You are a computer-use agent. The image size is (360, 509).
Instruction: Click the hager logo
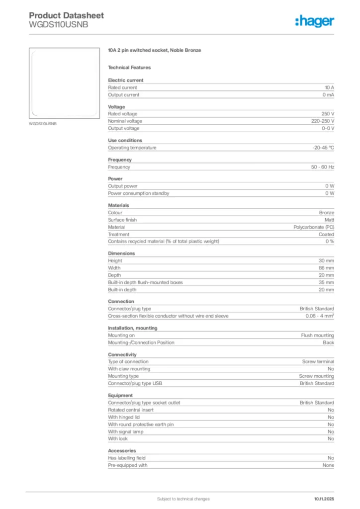point(314,21)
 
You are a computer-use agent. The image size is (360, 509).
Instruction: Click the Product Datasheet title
point(66,15)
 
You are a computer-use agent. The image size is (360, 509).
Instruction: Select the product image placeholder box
point(64,83)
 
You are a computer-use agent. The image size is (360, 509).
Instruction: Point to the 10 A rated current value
point(329,87)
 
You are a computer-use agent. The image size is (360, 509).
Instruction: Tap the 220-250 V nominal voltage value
point(319,121)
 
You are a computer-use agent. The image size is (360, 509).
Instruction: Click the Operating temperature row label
point(132,148)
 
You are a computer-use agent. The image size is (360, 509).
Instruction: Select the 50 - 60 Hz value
point(323,167)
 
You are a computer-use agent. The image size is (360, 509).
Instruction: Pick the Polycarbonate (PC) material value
point(314,227)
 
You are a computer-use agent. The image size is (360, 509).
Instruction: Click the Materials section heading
point(118,205)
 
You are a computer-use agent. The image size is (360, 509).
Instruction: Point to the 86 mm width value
point(326,268)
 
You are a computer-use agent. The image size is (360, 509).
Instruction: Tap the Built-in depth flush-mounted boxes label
point(145,282)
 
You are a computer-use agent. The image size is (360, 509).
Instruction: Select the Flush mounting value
point(317,336)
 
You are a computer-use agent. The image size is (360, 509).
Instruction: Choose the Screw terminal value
point(318,362)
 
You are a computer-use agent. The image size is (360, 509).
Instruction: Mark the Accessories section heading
point(122,451)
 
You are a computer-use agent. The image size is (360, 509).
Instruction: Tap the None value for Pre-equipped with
point(328,465)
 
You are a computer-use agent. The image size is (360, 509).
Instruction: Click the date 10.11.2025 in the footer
point(324,499)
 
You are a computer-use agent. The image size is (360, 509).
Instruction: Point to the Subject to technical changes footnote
point(183,499)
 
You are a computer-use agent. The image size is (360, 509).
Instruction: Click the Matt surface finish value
point(329,220)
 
